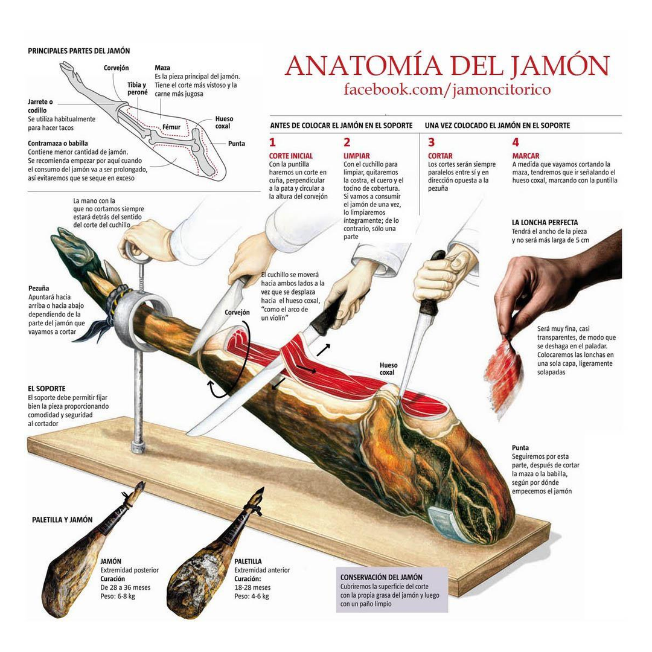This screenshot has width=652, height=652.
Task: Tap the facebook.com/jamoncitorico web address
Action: [x=447, y=89]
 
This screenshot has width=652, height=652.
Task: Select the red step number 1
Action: [x=272, y=142]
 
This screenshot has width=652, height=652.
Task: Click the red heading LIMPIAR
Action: [x=356, y=156]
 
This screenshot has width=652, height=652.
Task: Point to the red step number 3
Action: [x=431, y=142]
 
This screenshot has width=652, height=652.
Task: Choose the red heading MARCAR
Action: [x=525, y=156]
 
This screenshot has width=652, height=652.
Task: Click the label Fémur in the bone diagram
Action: [x=171, y=127]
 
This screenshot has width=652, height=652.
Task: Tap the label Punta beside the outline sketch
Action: [x=237, y=144]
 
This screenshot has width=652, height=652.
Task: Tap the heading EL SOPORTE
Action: [x=46, y=389]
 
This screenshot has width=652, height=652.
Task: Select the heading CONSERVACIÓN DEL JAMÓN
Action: [x=381, y=577]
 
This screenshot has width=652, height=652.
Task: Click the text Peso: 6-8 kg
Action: [x=117, y=596]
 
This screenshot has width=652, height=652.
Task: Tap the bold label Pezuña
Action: [x=39, y=288]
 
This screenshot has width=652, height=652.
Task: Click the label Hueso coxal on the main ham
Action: [x=388, y=369]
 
